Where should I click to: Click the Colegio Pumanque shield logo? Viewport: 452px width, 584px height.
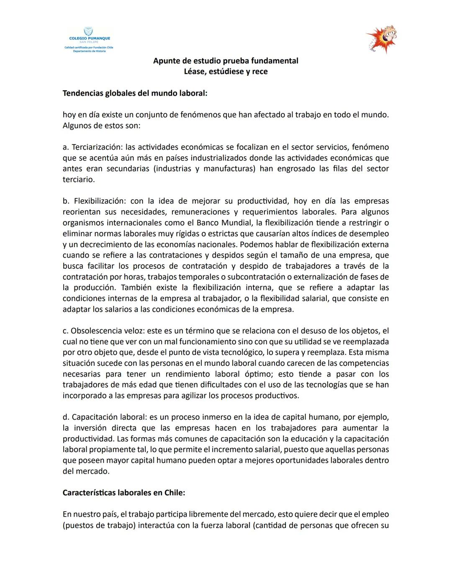tap(88, 32)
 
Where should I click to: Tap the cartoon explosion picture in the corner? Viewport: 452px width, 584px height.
tap(381, 39)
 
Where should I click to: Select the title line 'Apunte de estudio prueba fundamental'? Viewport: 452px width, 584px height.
tap(226, 61)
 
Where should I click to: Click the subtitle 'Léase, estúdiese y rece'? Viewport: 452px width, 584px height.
tap(226, 71)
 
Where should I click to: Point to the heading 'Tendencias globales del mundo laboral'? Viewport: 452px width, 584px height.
tap(135, 93)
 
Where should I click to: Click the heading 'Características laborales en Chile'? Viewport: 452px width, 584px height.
tap(123, 492)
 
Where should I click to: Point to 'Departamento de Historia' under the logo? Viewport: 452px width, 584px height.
tap(89, 51)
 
